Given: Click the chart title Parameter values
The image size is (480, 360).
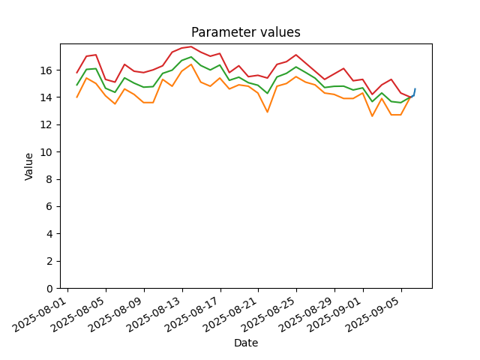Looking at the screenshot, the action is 246,32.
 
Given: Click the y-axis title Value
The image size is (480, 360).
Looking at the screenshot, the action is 28,166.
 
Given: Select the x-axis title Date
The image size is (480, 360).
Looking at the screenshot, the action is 246,343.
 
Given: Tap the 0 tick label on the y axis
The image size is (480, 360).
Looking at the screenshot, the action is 49,289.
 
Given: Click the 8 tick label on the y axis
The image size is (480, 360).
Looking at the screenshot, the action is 49,179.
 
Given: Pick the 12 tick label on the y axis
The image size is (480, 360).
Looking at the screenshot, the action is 46,125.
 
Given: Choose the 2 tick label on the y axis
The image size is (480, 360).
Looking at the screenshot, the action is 49,262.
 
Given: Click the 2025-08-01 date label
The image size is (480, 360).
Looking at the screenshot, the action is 40,314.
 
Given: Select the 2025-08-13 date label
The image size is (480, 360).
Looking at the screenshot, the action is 155,314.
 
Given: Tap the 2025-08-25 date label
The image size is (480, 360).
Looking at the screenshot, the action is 269,314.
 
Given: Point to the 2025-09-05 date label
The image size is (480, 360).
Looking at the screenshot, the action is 374,314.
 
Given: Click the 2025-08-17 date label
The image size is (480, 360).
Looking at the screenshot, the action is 193,314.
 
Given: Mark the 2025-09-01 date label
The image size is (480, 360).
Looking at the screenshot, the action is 336,314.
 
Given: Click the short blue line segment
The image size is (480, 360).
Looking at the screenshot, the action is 413,93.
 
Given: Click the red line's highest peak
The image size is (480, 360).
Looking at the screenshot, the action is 191,46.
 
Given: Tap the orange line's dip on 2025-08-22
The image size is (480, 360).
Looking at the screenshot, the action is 267,112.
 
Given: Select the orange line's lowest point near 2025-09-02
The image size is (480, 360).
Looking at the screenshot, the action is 372,116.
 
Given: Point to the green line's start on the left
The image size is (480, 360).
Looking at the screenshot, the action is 76,85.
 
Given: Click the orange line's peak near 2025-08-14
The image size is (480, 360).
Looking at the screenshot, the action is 191,64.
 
